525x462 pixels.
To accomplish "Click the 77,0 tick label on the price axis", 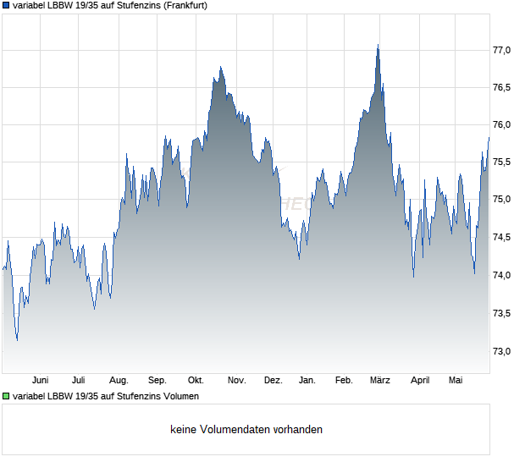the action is click(501, 50).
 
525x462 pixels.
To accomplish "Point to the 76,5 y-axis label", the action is click(501, 88).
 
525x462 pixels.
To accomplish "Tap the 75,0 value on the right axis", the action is click(501, 200).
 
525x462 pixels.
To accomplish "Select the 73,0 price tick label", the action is click(501, 351).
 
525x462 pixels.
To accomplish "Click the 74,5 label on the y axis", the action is click(501, 237).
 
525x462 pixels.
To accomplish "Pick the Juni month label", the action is click(40, 381).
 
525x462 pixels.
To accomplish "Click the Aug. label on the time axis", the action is click(119, 381).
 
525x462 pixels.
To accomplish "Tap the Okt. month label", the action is click(196, 381).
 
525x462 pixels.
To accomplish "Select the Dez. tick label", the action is click(274, 381).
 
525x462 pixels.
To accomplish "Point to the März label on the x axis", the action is click(380, 381).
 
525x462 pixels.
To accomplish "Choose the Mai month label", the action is click(456, 381).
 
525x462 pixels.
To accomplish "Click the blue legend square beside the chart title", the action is click(6, 6).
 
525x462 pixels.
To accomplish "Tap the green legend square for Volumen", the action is click(6, 396).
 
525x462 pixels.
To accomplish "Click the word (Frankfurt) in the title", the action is click(185, 6).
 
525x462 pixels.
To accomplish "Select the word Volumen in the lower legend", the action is click(181, 396).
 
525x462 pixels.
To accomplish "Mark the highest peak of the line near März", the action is click(378, 45).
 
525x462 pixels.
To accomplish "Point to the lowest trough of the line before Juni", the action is click(17, 340).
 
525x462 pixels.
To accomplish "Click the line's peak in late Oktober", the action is click(221, 67).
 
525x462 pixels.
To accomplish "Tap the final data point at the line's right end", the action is click(489, 137).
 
